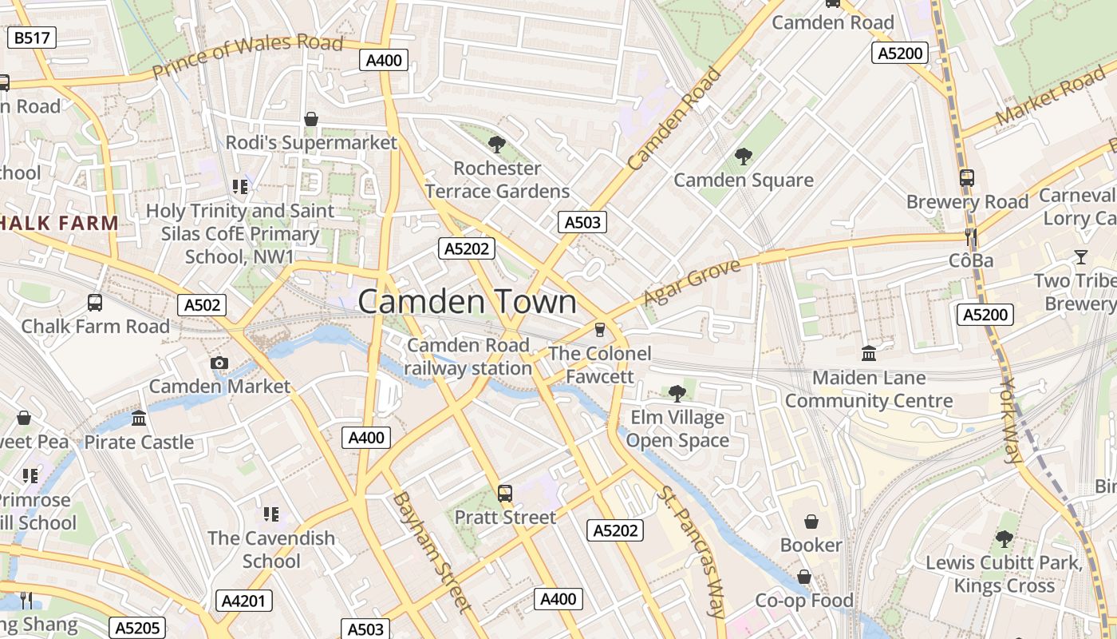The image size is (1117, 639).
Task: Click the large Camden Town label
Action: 467,302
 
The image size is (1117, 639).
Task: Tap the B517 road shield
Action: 32,38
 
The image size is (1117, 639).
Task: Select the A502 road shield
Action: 203,304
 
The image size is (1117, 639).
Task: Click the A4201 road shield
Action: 244,601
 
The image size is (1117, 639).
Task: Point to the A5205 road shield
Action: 135,628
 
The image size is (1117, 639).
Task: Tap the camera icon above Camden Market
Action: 219,363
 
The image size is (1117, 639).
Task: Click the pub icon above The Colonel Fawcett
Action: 600,330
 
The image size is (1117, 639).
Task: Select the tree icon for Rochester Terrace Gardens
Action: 496,145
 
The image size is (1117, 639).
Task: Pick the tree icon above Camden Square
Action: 744,157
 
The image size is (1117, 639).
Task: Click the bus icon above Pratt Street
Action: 504,494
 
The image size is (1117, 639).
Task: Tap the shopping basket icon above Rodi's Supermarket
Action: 311,119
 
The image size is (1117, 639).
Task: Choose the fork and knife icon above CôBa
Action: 971,236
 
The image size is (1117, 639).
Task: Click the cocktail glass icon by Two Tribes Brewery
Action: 1080,256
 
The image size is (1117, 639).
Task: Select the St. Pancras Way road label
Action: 692,551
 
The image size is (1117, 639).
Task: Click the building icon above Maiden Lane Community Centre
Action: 869,353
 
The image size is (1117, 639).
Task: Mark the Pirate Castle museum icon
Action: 139,418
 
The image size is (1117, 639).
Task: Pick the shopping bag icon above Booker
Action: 811,522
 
